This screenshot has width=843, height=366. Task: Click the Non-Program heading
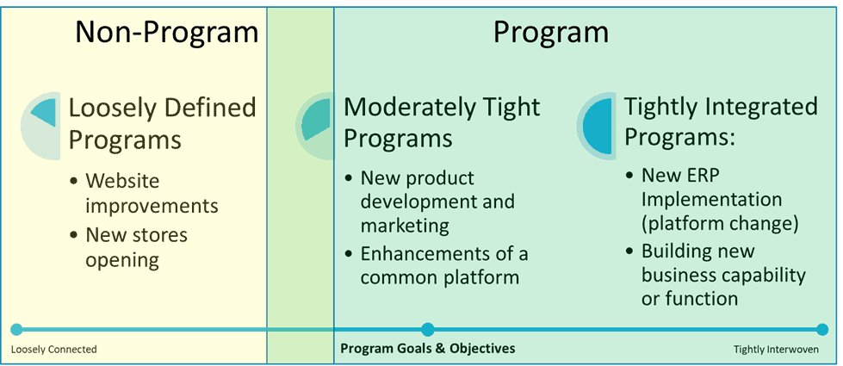tap(166, 32)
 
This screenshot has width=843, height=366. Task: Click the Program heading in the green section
tap(550, 32)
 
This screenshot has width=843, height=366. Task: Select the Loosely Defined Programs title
tap(162, 123)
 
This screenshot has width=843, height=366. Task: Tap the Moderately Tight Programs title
tap(442, 121)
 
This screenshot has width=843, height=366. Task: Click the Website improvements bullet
tap(152, 194)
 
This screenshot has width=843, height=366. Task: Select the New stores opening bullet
tap(136, 247)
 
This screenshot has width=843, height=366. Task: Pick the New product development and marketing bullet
tap(437, 202)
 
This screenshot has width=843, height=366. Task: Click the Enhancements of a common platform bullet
tap(443, 265)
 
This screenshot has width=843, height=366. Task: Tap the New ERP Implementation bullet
tap(720, 199)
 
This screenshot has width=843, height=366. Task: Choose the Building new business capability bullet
tap(723, 275)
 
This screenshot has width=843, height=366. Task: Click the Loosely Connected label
tap(53, 350)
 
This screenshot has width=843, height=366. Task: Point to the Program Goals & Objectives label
tap(428, 349)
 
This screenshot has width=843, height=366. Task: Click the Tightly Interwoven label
tap(776, 350)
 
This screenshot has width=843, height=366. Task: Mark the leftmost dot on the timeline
tap(15, 329)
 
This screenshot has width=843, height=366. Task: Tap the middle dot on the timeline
tap(428, 329)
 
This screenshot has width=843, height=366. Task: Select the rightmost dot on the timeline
tap(822, 329)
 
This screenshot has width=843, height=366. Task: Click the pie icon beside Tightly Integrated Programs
tap(597, 126)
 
